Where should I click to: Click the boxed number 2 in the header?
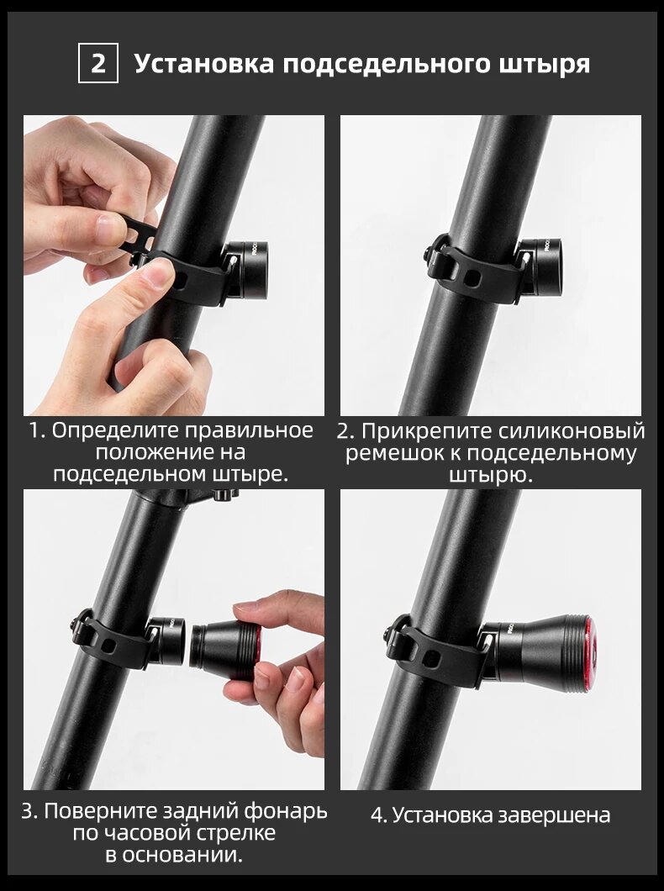pyautogui.click(x=98, y=63)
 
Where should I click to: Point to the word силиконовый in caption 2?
pyautogui.click(x=572, y=431)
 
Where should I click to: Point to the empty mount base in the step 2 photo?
pyautogui.click(x=539, y=267)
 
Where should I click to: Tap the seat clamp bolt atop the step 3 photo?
pyautogui.click(x=221, y=494)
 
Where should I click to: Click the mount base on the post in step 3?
pyautogui.click(x=167, y=641)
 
